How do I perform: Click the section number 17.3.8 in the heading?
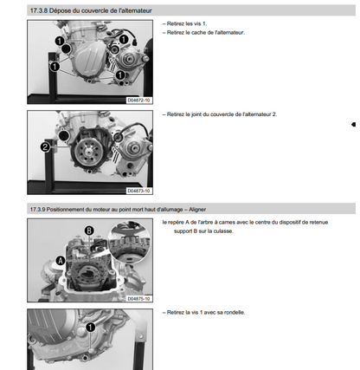pyautogui.click(x=39, y=10)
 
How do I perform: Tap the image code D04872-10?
pyautogui.click(x=139, y=101)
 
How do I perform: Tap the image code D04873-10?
pyautogui.click(x=139, y=191)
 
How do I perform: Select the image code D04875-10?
pyautogui.click(x=139, y=299)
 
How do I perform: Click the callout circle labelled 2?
pyautogui.click(x=45, y=147)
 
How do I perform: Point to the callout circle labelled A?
pyautogui.click(x=61, y=261)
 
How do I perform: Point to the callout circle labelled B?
pyautogui.click(x=89, y=230)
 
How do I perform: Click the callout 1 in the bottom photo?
pyautogui.click(x=90, y=328)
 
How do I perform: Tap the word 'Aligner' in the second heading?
pyautogui.click(x=197, y=209)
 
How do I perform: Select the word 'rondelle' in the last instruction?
pyautogui.click(x=235, y=312)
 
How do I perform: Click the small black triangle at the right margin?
pyautogui.click(x=353, y=125)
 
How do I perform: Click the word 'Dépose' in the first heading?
pyautogui.click(x=56, y=10)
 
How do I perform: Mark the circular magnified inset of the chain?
pyautogui.click(x=129, y=242)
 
